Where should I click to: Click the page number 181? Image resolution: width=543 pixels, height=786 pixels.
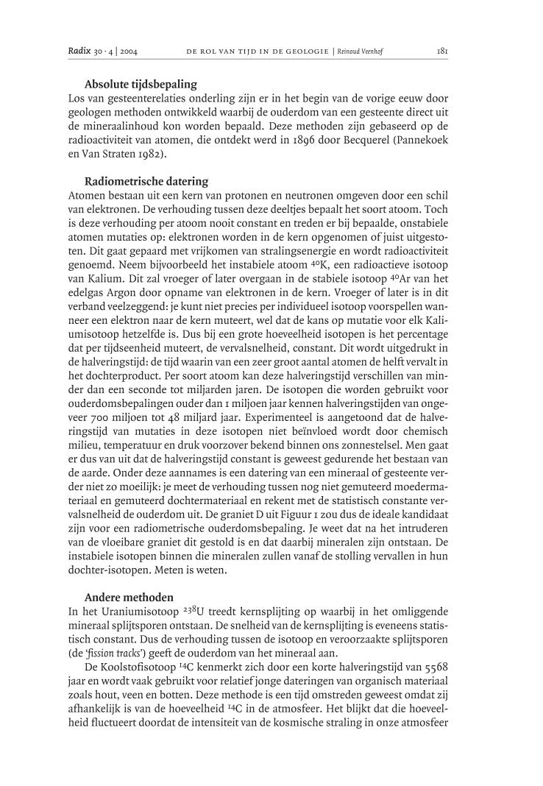tap(442, 52)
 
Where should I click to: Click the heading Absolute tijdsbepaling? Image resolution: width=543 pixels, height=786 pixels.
tap(141, 85)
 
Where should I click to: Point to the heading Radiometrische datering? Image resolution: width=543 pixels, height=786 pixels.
tap(146, 181)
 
